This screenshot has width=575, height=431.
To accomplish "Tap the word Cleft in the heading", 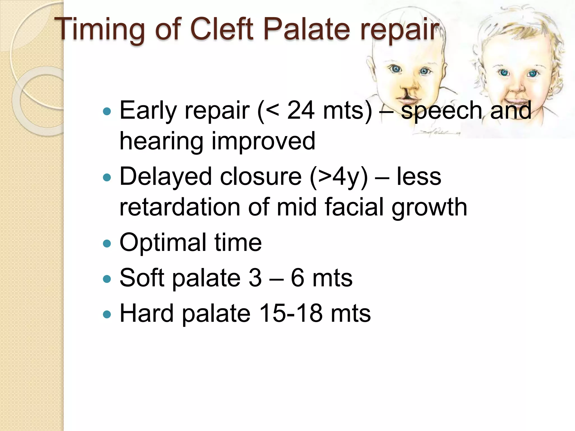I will (222, 29).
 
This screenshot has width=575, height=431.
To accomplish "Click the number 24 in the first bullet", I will (301, 110).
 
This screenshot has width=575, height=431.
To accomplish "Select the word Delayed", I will (166, 177).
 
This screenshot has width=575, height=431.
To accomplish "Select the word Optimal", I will (163, 242).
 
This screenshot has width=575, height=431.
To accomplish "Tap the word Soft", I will (142, 278).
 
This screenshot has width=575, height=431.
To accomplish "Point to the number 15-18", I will (291, 313).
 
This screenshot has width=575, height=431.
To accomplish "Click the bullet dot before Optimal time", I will (107, 243).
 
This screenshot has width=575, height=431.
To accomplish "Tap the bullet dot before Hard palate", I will (107, 314).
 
